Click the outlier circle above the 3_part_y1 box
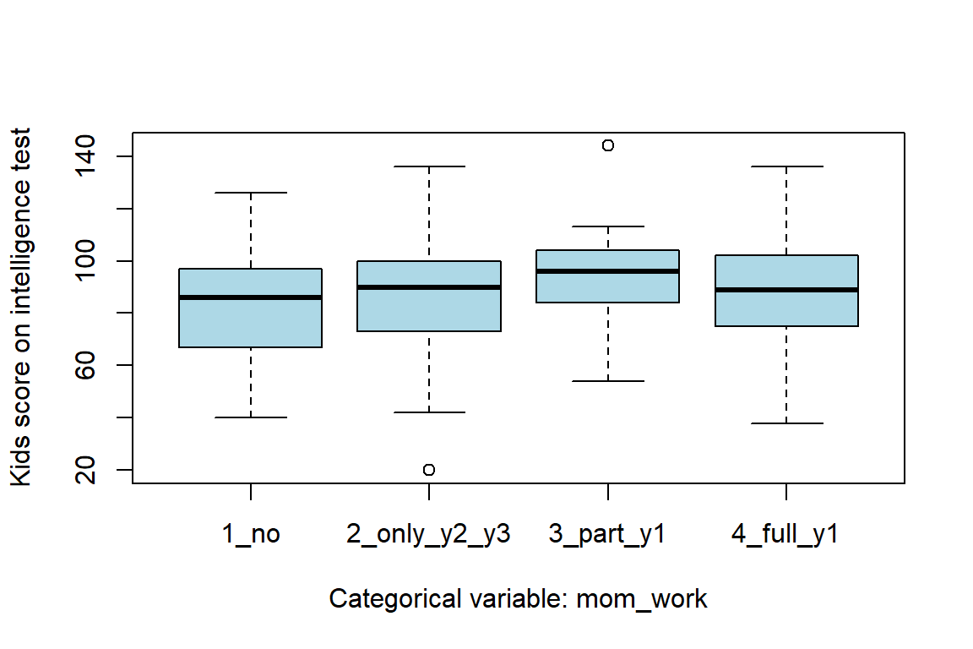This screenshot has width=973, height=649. point(607,145)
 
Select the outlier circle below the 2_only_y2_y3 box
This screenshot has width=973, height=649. point(429,470)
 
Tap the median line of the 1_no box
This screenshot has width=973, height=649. point(251,297)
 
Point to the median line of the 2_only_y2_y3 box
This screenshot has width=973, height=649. point(429,287)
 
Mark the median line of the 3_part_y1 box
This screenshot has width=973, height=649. point(607,271)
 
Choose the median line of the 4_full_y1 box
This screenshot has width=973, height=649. point(786,290)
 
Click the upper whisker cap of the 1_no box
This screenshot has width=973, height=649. point(251,193)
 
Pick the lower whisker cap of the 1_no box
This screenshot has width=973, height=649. point(251,417)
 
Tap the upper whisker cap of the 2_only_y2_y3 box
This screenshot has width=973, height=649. point(429,166)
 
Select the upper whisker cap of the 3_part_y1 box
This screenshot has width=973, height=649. point(607,226)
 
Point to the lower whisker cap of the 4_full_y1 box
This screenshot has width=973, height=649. point(786,423)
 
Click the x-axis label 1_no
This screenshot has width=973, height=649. point(251,534)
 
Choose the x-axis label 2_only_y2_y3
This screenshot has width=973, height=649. point(429,534)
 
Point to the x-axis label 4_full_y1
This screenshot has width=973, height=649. point(786,534)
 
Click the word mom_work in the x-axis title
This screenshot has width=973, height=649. point(642,599)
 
